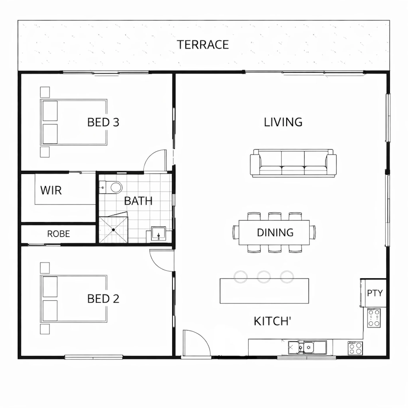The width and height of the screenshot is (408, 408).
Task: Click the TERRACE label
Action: pos(203,45)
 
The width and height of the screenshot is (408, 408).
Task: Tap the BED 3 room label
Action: pos(103,122)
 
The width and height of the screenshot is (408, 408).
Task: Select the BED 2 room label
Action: pos(103,298)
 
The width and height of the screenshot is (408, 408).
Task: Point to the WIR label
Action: pos(51,190)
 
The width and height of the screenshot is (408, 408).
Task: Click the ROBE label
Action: pos(59,234)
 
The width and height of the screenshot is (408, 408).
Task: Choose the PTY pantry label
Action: pos(375,293)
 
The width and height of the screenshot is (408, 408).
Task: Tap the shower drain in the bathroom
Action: pos(113,230)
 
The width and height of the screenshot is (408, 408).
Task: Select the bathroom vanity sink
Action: pos(159,233)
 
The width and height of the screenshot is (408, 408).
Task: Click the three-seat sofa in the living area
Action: pos(293,163)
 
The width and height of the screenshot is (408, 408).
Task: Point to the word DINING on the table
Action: pos(275,233)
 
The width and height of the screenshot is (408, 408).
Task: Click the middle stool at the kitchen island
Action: pos(264,277)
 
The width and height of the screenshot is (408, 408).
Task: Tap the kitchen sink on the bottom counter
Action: pos(307,347)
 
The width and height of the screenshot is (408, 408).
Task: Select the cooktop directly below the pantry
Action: pos(374,318)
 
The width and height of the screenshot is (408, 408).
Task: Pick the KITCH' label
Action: pos(272,321)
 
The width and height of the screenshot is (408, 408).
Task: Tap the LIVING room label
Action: pos(283,122)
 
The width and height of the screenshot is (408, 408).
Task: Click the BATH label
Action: pos(138,201)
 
